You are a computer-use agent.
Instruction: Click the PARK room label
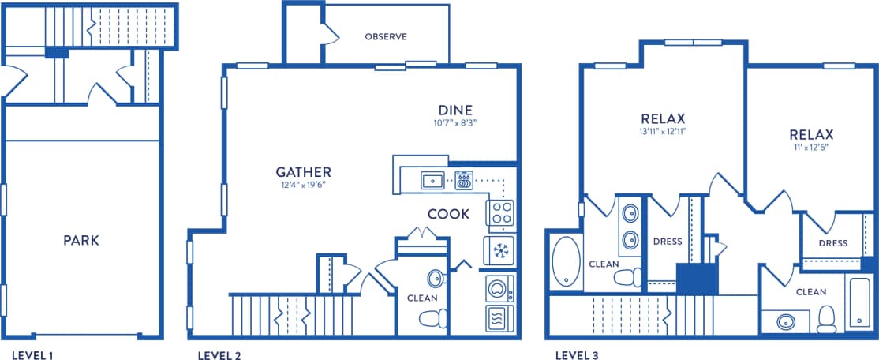click(81, 240)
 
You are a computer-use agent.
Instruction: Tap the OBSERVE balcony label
click(385, 37)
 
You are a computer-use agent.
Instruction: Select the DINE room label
click(455, 110)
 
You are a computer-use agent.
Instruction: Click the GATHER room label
click(303, 172)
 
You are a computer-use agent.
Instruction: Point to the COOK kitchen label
click(448, 214)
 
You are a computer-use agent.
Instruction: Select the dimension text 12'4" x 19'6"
click(303, 186)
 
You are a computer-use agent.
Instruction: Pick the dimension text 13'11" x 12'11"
click(663, 131)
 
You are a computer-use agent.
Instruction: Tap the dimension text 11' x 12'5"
click(810, 147)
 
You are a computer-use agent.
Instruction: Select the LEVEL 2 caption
click(219, 355)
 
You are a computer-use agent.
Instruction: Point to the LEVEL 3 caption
click(577, 355)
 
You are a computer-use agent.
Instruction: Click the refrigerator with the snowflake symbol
click(499, 250)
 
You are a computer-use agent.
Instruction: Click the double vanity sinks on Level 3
click(630, 226)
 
